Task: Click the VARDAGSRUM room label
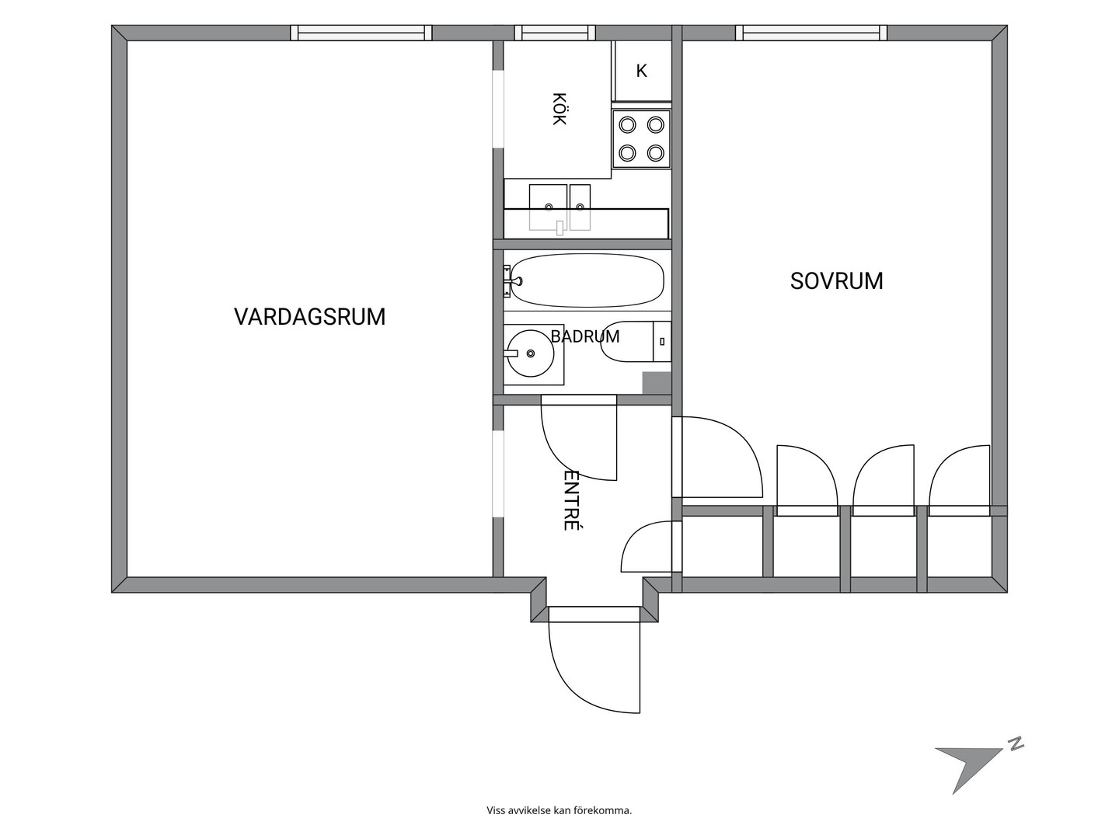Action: point(309,317)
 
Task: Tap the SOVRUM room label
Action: point(837,281)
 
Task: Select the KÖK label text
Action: point(559,109)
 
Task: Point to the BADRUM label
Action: point(584,336)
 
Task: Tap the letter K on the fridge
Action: point(641,71)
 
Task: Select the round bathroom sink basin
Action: point(531,353)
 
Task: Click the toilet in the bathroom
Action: point(636,341)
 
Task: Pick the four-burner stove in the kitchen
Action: point(641,138)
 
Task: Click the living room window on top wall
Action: point(361,33)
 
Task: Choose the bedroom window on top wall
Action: point(811,33)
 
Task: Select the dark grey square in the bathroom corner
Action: point(657,383)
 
